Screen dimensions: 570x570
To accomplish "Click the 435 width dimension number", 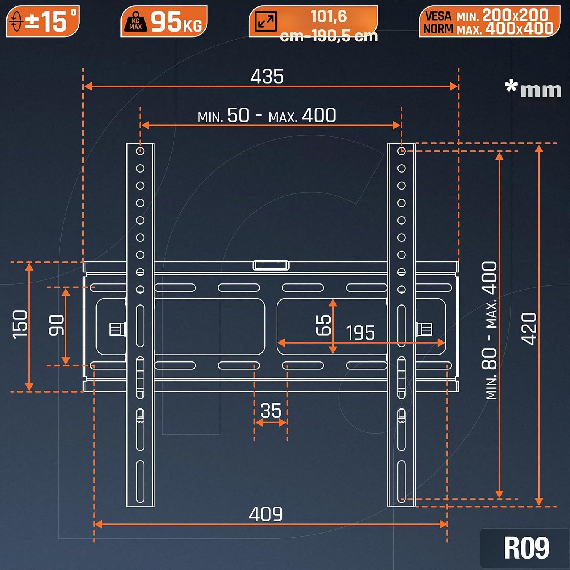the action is tap(267, 76).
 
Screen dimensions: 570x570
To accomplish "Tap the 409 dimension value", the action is tap(266, 514).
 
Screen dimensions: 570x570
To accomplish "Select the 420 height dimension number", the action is tap(529, 329).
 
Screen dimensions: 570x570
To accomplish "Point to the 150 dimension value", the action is tap(20, 324).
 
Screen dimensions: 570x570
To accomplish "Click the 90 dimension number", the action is tap(57, 325).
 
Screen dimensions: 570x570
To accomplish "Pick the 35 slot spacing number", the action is tap(271, 410).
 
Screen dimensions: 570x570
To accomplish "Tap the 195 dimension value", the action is tap(360, 333).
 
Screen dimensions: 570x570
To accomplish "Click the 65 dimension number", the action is tap(323, 325).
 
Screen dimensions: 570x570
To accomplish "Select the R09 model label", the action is tap(526, 548).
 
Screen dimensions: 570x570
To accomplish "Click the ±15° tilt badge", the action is tap(43, 21).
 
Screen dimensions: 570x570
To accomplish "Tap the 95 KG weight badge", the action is tap(164, 21).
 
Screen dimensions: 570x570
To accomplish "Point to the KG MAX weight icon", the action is tap(135, 22).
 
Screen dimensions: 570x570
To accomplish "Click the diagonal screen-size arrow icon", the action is tap(266, 21).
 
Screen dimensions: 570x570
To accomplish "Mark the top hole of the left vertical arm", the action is tap(140, 151).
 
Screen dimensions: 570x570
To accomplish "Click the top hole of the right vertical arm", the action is tap(402, 151).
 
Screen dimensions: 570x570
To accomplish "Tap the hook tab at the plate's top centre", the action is tap(271, 265).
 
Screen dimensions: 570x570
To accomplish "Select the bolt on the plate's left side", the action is tap(117, 329).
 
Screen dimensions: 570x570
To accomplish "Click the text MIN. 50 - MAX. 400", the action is tap(267, 116).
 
